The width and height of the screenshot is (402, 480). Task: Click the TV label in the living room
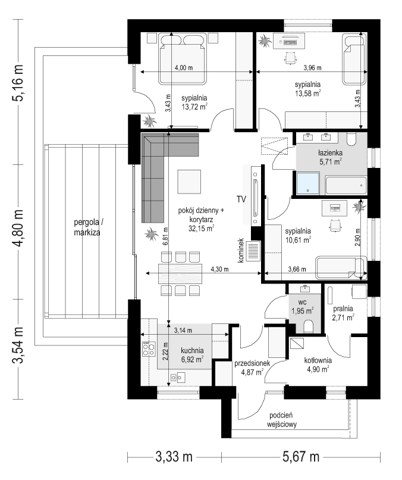click(241, 200)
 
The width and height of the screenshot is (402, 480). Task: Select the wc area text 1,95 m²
click(302, 311)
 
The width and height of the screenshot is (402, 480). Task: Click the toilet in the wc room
click(308, 326)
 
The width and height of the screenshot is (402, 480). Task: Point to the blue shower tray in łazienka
click(308, 182)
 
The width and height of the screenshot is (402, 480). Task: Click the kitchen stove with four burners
click(149, 349)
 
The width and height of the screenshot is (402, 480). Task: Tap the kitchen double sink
click(178, 377)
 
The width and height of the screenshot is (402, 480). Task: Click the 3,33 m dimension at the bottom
click(174, 457)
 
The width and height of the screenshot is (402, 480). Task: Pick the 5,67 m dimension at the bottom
click(301, 457)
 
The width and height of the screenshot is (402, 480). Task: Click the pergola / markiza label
click(87, 227)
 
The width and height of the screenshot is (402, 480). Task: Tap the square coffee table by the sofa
click(190, 182)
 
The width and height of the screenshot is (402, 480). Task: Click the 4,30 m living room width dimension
click(219, 269)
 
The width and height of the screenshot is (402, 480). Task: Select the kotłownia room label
click(318, 360)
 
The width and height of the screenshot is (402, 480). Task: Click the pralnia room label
click(343, 309)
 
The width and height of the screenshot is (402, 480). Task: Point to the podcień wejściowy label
click(281, 420)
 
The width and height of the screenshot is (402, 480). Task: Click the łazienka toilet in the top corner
click(353, 139)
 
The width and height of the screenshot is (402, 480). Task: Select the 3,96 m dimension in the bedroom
click(312, 68)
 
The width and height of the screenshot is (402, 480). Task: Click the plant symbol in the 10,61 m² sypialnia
click(359, 207)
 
